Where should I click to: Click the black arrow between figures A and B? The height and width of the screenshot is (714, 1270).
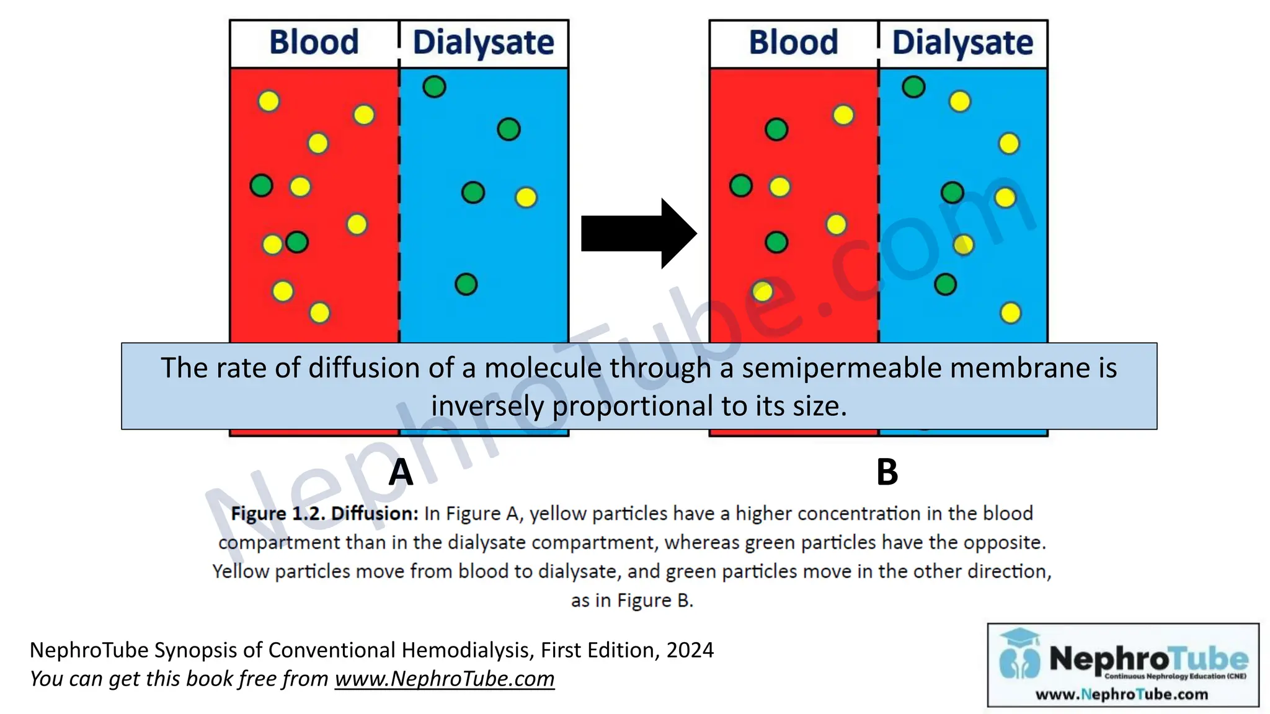tap(636, 234)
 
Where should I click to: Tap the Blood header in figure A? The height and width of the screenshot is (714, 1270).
tap(314, 43)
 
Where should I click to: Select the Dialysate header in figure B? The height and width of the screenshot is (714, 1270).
tap(962, 43)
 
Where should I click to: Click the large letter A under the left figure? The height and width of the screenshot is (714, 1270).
tap(401, 473)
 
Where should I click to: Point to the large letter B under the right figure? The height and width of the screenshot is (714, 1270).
tap(887, 473)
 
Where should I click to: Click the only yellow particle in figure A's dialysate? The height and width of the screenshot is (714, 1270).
tap(526, 198)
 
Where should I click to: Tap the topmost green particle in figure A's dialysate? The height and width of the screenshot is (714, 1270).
tap(434, 87)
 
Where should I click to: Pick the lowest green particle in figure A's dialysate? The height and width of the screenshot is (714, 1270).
tap(466, 284)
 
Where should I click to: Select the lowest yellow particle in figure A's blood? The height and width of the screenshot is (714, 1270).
tap(319, 313)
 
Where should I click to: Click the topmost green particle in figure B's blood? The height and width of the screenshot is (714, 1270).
tap(776, 130)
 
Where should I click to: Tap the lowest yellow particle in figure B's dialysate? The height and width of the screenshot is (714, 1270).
tap(1010, 313)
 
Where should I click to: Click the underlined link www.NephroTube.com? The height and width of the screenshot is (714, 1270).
tap(445, 679)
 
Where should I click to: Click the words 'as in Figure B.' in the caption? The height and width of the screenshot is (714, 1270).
tap(632, 601)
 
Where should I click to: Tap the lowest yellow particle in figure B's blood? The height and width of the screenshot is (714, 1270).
tap(762, 291)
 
